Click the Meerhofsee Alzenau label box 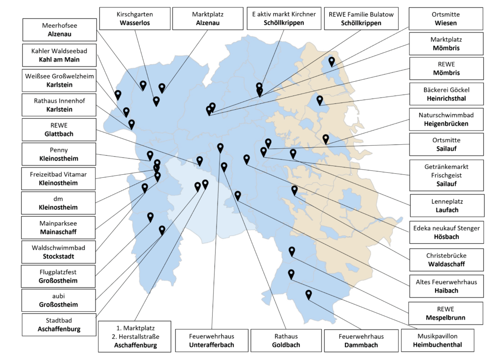(x=60, y=30)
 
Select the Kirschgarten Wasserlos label (x=135, y=19)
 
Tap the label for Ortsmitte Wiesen (x=446, y=19)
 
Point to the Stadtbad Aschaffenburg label (x=59, y=325)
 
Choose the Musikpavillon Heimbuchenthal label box (x=438, y=340)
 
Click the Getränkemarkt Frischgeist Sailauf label (x=446, y=175)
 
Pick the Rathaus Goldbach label (x=286, y=340)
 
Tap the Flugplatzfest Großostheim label (x=58, y=276)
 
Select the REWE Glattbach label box (x=59, y=130)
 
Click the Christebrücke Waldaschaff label (x=446, y=260)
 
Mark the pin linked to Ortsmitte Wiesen (x=332, y=62)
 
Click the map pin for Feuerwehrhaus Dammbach (x=309, y=295)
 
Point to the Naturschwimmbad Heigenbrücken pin (x=326, y=139)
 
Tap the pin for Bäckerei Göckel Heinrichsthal (x=320, y=100)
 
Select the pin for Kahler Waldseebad (x=118, y=95)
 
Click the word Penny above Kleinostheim (x=59, y=150)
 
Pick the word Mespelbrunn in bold (x=445, y=318)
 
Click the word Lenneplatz (x=447, y=201)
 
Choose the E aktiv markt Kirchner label (x=284, y=18)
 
